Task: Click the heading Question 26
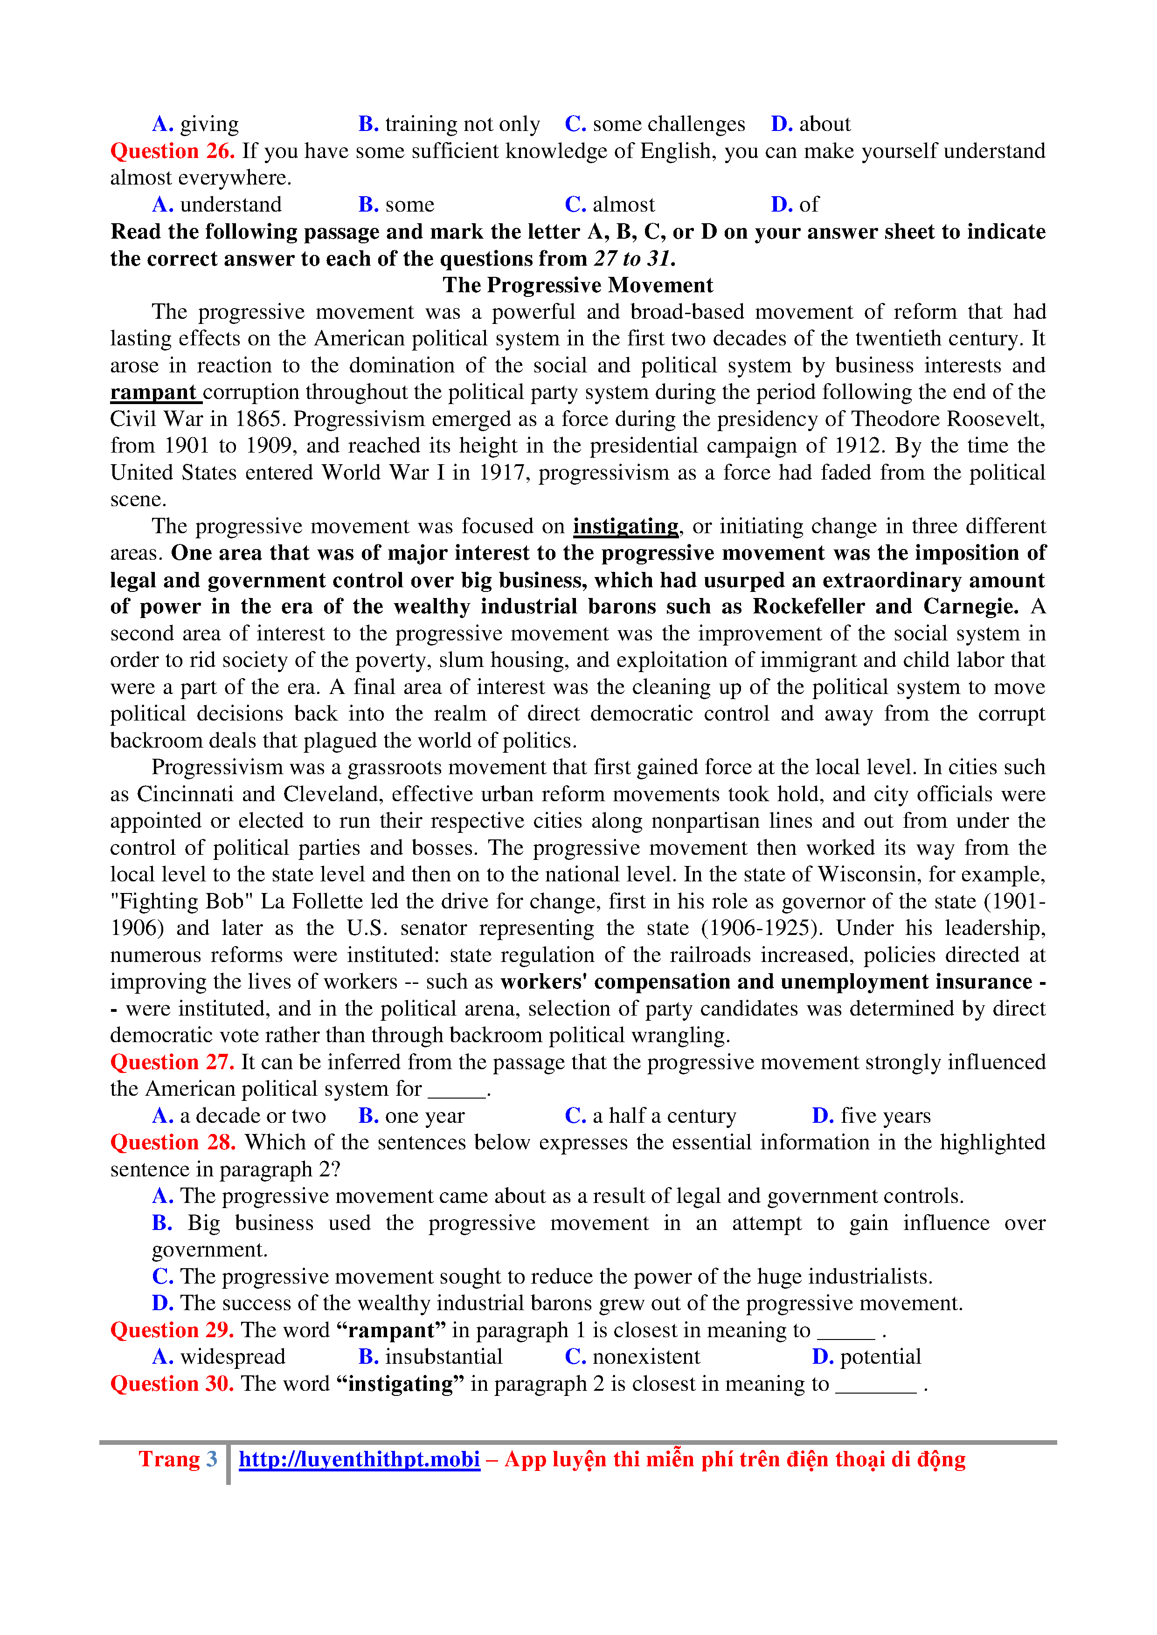173,151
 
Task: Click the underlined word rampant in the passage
153,392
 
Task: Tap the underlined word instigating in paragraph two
625,526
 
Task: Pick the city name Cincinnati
185,794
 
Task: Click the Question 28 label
173,1142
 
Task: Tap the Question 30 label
173,1384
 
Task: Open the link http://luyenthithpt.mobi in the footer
359,1460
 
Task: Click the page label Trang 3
178,1460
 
